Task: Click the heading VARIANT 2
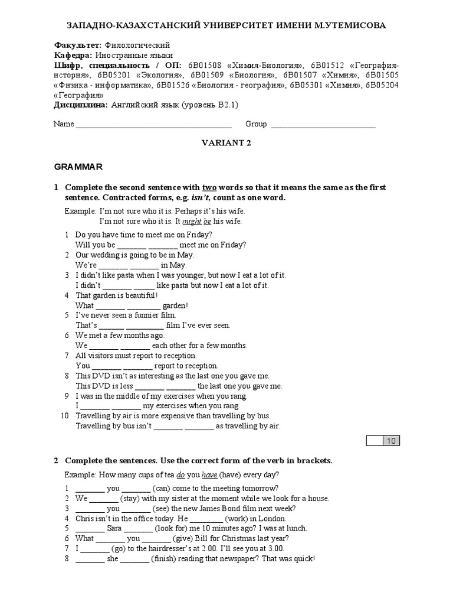[226, 142]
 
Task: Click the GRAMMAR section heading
[78, 167]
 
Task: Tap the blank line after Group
[323, 125]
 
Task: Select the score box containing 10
[392, 441]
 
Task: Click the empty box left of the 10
[375, 441]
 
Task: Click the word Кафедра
[73, 56]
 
